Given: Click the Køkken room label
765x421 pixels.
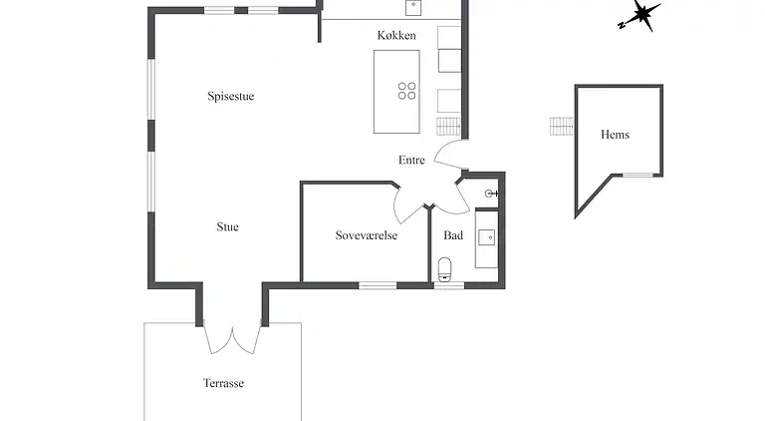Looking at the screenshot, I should (395, 36).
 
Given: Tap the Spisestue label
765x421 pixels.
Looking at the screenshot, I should (231, 97).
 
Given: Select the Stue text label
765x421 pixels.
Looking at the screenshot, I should (227, 227).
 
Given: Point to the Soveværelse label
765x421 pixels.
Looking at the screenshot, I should (367, 236).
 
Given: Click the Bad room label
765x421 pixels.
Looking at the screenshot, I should (453, 236).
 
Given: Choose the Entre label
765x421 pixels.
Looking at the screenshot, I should (411, 160).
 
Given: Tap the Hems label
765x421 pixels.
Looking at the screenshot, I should (615, 135).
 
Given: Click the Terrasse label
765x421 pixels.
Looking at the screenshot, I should (223, 383).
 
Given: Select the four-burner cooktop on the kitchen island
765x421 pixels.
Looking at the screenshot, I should (407, 91).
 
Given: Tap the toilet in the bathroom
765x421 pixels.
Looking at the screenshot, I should (445, 268).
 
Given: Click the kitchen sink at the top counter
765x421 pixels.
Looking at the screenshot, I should (413, 7).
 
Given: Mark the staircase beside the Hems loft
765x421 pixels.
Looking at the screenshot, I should (562, 127).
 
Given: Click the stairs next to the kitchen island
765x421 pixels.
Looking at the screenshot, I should (448, 126).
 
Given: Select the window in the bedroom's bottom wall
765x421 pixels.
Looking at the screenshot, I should (378, 285).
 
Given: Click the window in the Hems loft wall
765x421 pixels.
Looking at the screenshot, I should (637, 176).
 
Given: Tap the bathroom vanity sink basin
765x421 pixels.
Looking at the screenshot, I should (487, 237).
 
